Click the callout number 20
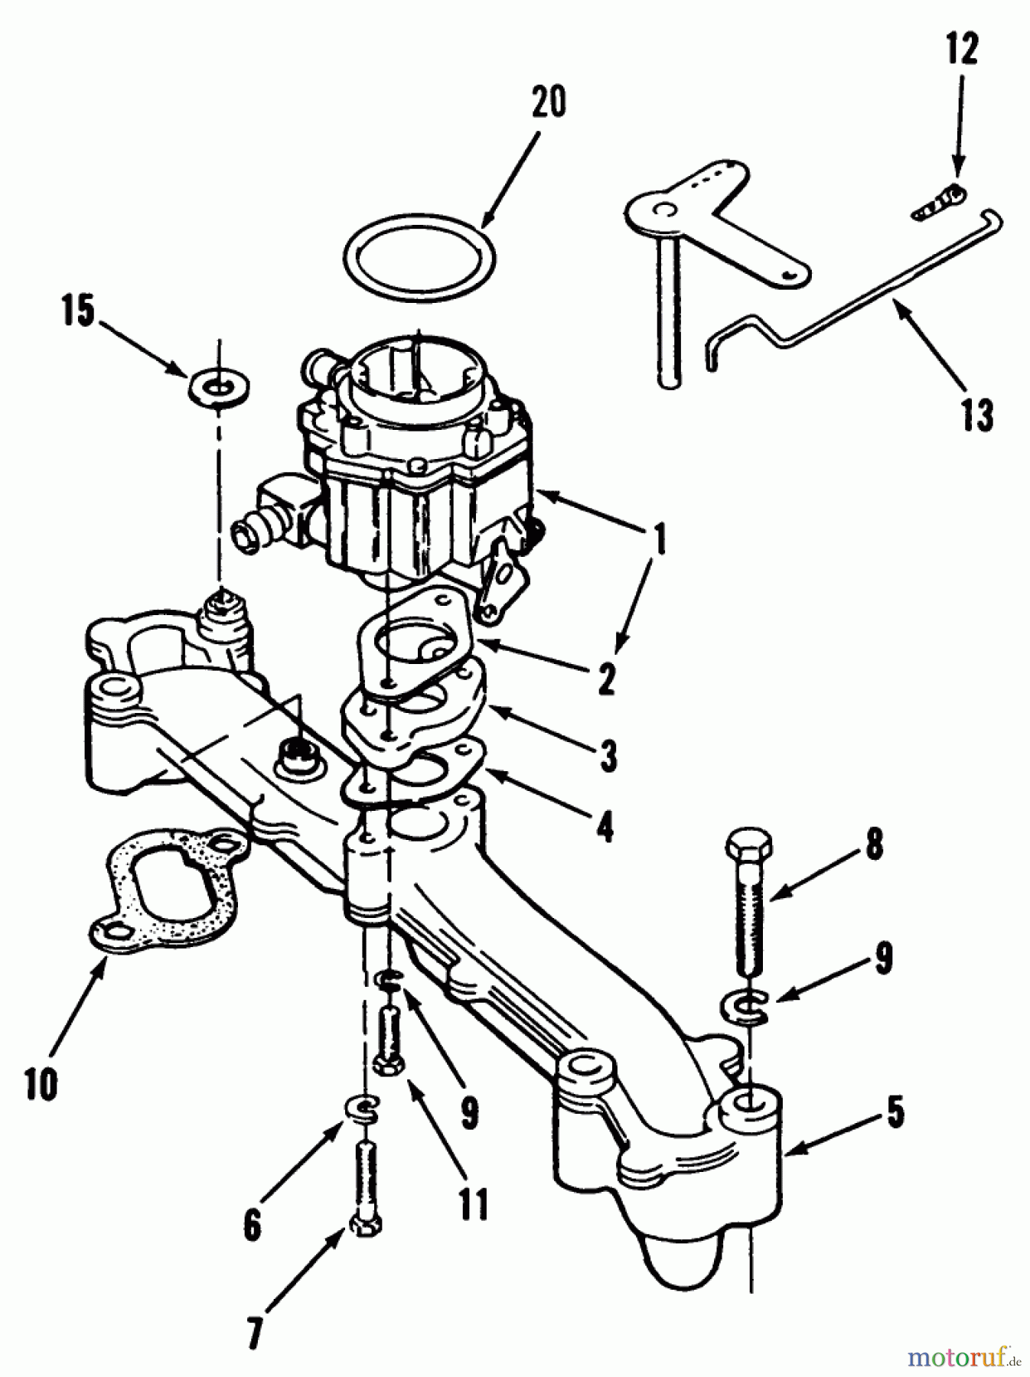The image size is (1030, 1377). (x=549, y=103)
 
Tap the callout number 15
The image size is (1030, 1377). (x=79, y=313)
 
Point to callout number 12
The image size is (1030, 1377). (x=961, y=50)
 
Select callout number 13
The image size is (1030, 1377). (x=977, y=415)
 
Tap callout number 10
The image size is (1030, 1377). (x=41, y=1084)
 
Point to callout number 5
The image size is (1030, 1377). (x=894, y=1114)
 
